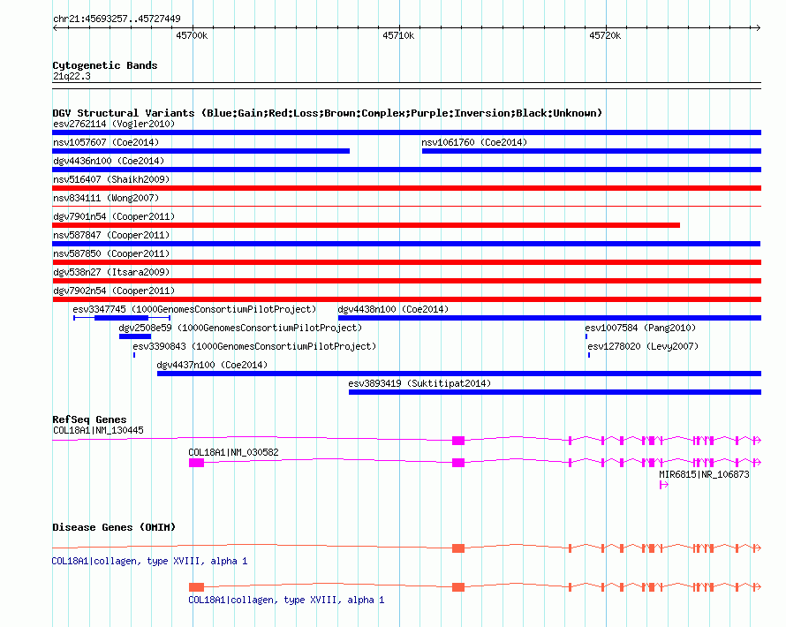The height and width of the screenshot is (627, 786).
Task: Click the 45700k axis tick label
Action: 192,35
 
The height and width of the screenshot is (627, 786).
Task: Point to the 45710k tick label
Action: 398,35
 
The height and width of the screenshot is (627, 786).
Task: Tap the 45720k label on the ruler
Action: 605,35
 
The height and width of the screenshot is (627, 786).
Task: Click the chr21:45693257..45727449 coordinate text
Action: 117,19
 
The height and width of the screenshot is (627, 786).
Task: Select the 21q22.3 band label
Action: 72,76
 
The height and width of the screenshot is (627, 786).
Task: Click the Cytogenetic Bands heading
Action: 105,65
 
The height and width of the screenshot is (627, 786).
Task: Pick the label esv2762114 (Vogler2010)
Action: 114,124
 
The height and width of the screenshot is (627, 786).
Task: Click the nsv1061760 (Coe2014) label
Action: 474,142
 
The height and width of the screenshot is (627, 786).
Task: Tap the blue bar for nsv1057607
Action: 201,151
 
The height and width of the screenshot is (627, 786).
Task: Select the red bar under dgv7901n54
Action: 366,225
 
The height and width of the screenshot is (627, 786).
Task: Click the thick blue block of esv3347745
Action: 121,318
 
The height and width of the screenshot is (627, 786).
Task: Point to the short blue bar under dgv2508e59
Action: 135,336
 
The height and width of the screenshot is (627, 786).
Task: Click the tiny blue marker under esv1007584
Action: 586,336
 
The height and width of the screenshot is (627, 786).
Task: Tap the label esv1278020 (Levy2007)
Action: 643,346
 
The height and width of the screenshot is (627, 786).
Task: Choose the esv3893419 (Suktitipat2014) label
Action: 419,383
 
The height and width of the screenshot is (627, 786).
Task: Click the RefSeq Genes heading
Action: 89,419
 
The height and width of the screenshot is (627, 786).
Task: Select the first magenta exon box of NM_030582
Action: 196,463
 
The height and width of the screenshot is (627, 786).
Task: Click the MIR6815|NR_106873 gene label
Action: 704,474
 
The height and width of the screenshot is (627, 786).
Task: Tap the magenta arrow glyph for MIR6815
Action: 664,485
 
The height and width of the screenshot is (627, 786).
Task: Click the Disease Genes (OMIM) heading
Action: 114,527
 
